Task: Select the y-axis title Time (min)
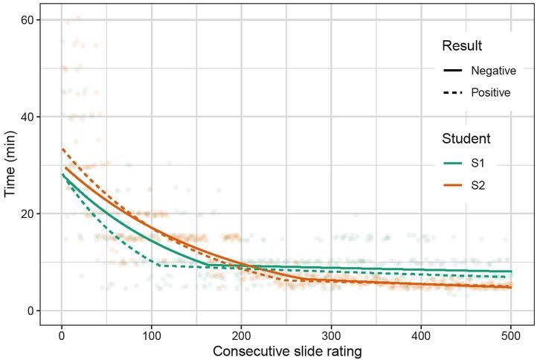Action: point(10,165)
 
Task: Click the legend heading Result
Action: point(461,46)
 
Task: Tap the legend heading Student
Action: point(466,139)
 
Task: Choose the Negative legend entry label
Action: point(493,71)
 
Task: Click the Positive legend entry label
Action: point(491,93)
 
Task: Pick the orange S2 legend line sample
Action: point(453,185)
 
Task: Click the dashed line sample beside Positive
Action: point(453,93)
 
